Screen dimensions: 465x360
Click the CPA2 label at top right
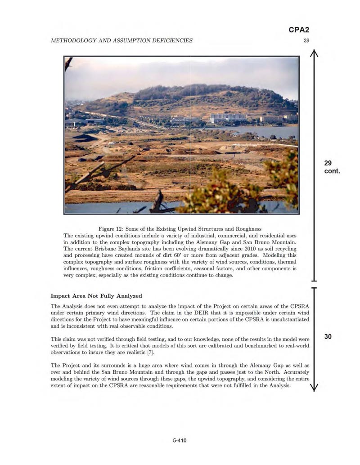point(298,30)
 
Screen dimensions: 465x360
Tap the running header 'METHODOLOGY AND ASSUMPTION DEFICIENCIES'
point(121,40)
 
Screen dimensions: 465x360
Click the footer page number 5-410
point(180,441)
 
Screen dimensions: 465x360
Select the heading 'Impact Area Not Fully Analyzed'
point(96,295)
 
